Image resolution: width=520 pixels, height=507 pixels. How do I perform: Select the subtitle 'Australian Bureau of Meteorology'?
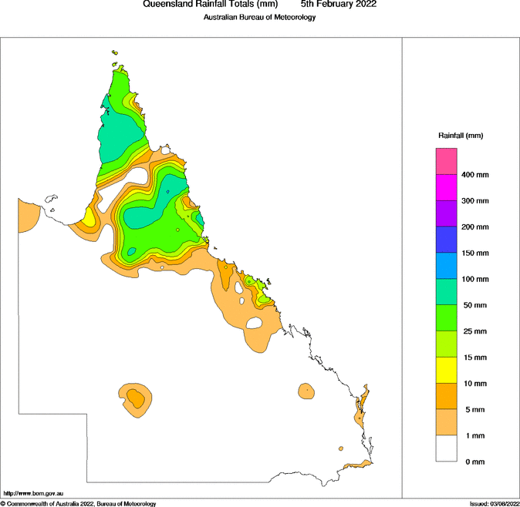(x=259, y=17)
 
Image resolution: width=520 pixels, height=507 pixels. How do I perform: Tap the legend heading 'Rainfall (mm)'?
(x=460, y=136)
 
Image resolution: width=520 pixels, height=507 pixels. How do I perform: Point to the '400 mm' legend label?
(x=475, y=175)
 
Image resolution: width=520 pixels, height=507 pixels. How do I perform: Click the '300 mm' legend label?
(x=475, y=201)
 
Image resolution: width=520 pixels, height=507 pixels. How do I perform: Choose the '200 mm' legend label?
(x=475, y=227)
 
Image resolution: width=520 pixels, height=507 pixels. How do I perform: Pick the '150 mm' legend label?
(x=475, y=253)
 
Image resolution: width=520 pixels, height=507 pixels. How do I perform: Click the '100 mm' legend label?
(x=475, y=280)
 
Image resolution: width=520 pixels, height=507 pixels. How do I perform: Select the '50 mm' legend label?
(x=474, y=306)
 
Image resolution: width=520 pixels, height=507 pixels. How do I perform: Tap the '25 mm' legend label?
(x=474, y=331)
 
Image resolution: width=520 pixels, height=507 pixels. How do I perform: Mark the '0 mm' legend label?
(x=472, y=462)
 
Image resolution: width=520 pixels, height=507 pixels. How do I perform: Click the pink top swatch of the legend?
(x=447, y=161)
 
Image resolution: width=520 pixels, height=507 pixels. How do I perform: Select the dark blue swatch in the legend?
(x=447, y=239)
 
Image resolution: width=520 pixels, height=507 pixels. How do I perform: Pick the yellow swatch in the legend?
(x=447, y=370)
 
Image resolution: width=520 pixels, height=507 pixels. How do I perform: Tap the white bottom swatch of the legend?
(x=447, y=448)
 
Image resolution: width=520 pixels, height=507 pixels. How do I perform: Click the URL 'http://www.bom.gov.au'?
(x=33, y=492)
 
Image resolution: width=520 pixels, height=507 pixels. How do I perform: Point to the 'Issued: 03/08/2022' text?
(x=493, y=503)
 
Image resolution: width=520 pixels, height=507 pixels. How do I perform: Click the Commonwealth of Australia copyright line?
(x=79, y=503)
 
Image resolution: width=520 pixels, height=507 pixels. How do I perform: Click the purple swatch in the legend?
(x=447, y=213)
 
